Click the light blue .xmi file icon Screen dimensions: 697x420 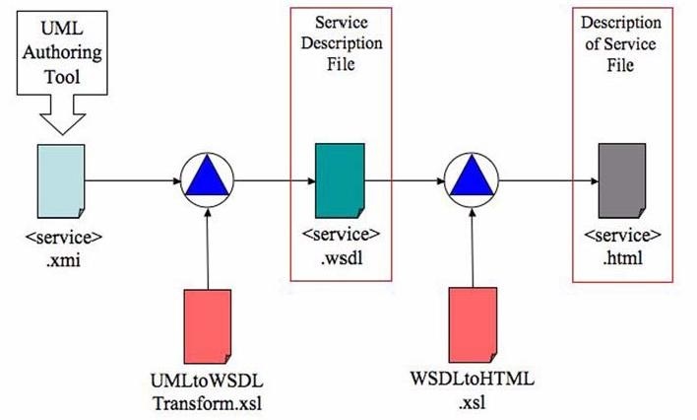pos(61,181)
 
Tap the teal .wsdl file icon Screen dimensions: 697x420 pos(340,180)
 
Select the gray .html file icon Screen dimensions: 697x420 pos(622,180)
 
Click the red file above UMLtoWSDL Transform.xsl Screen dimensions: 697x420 pos(208,326)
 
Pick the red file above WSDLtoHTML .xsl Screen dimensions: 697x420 pos(473,324)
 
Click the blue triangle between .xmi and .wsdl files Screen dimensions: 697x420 pos(207,175)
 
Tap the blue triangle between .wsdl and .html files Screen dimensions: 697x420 pos(472,175)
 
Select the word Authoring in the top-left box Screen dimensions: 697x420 pos(62,52)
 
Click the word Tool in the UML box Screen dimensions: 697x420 pos(62,77)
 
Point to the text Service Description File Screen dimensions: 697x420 pos(342,43)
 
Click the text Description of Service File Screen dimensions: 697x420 pos(621,43)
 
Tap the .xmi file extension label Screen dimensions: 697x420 pos(63,260)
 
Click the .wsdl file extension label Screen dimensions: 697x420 pos(342,257)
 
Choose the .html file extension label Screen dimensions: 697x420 pos(622,258)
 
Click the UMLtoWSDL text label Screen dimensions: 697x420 pos(207,382)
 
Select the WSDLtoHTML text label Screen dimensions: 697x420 pos(473,379)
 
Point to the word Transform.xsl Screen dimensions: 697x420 pos(207,403)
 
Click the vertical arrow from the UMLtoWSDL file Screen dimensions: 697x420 pos(208,248)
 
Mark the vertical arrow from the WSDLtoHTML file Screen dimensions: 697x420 pos(473,247)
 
